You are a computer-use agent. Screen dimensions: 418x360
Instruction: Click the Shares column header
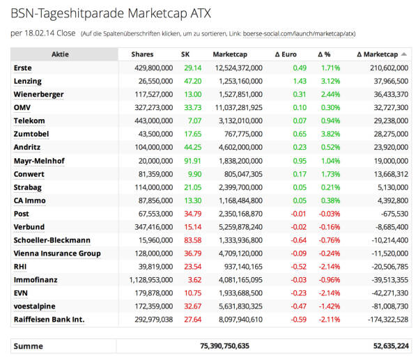142,54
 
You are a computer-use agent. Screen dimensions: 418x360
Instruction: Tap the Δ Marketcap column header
377,54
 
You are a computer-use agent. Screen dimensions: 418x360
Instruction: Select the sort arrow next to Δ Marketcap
404,54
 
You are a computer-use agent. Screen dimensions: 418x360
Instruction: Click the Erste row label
23,68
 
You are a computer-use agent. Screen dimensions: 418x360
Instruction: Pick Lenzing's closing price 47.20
193,81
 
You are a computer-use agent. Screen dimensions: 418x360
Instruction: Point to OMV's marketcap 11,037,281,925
239,108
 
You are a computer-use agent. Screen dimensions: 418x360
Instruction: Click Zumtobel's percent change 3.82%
330,134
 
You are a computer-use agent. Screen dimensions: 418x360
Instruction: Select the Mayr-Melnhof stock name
39,161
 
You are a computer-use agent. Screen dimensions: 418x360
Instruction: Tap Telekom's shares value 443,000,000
154,120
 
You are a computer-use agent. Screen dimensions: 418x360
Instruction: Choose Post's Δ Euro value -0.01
299,214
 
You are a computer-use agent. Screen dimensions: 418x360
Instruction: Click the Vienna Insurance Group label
57,253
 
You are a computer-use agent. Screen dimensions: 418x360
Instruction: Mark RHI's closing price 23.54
193,267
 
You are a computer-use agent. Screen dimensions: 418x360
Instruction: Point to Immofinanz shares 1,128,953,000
151,280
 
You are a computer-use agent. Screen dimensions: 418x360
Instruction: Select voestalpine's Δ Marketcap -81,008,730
390,306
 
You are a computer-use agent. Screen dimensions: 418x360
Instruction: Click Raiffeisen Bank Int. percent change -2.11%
330,320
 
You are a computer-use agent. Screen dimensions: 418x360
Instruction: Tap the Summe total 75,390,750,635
225,346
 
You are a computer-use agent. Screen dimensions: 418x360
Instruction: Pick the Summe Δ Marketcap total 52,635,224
391,346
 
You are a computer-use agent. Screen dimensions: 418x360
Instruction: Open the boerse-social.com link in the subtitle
299,34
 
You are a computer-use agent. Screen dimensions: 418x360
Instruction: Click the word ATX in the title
201,13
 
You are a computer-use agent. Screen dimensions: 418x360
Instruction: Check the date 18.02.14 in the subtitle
40,33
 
